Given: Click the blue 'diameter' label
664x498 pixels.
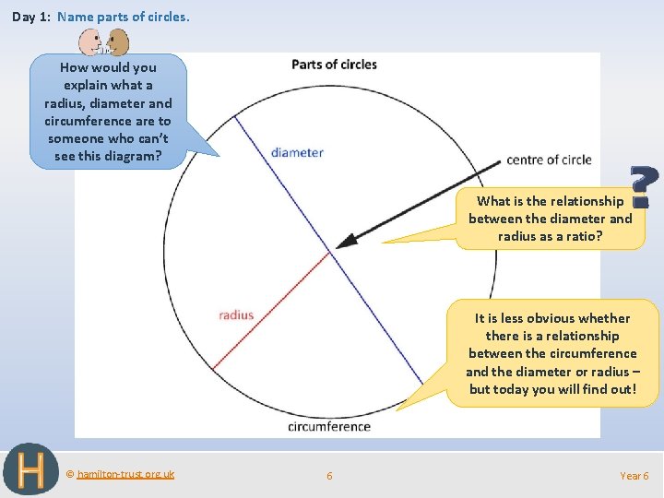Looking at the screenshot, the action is [x=297, y=152].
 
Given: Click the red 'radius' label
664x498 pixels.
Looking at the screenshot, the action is [x=236, y=315].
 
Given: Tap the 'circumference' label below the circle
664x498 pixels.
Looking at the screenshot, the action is [x=329, y=426].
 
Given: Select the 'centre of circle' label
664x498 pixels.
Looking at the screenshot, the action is [x=549, y=160].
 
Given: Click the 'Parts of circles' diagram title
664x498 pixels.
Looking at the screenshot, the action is [x=334, y=65].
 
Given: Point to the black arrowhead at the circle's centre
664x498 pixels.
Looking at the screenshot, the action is [x=343, y=243].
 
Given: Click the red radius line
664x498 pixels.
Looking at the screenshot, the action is [x=272, y=309].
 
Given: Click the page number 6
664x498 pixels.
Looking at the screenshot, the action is [x=329, y=476].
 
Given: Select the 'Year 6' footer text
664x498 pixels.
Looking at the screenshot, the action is [x=634, y=476].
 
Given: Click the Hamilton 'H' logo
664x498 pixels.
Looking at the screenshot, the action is [x=30, y=469].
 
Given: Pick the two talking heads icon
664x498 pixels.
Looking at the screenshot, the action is [x=103, y=42].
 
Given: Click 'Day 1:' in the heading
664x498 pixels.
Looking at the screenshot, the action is [x=31, y=17].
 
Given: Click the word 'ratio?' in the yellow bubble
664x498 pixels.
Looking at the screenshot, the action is [x=582, y=236].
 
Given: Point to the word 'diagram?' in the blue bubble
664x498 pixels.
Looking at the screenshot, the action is [x=133, y=155].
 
